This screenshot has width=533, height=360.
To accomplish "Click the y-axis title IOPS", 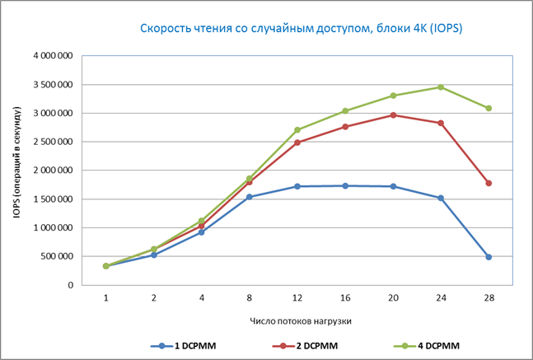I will [x=16, y=171].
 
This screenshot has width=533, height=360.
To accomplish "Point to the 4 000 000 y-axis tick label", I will [x=51, y=56].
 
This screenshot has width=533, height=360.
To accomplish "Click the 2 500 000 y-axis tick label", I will [x=51, y=142].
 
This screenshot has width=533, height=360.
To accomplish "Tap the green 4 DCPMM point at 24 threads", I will [x=440, y=86].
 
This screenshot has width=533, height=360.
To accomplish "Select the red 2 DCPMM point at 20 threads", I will [x=392, y=115].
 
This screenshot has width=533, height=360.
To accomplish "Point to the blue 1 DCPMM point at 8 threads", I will [x=249, y=197].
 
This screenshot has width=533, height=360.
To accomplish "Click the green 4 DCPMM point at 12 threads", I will [x=297, y=130].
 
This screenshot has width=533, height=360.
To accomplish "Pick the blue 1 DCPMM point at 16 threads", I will [x=344, y=185].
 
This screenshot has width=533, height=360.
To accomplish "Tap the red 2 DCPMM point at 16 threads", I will [x=344, y=127].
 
